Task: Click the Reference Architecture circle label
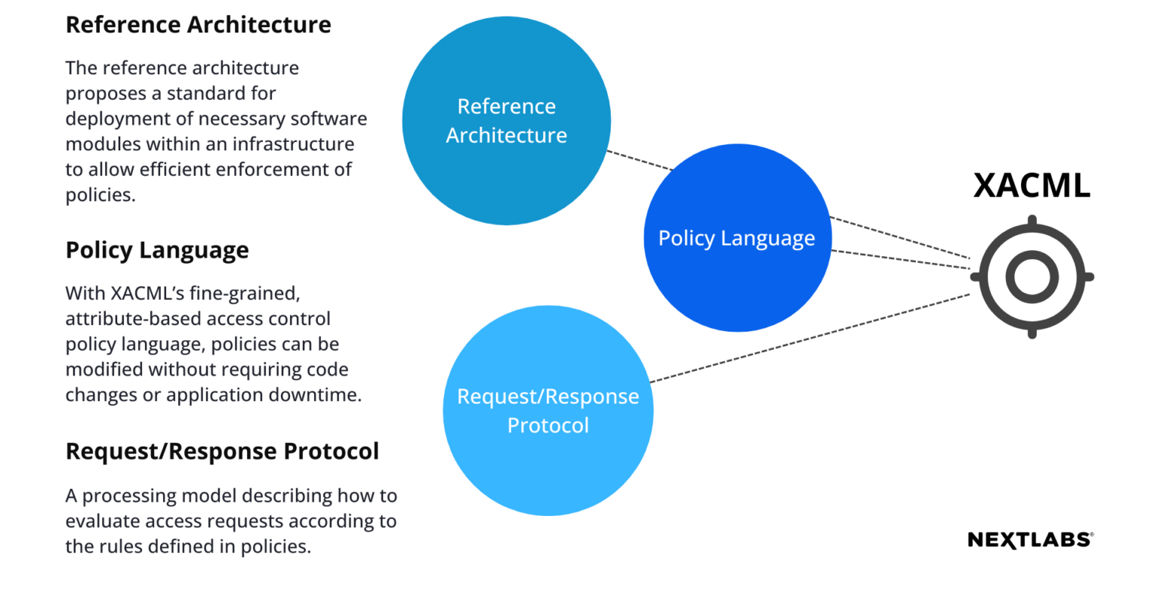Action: (506, 121)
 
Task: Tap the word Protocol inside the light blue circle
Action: (548, 425)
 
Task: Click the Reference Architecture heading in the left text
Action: (198, 25)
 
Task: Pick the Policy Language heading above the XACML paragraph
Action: (157, 250)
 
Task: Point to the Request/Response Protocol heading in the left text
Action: (222, 451)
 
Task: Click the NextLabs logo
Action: (1030, 540)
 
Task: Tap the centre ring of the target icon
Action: (1032, 276)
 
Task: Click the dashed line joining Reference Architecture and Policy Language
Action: (638, 160)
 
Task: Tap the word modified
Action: (103, 369)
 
